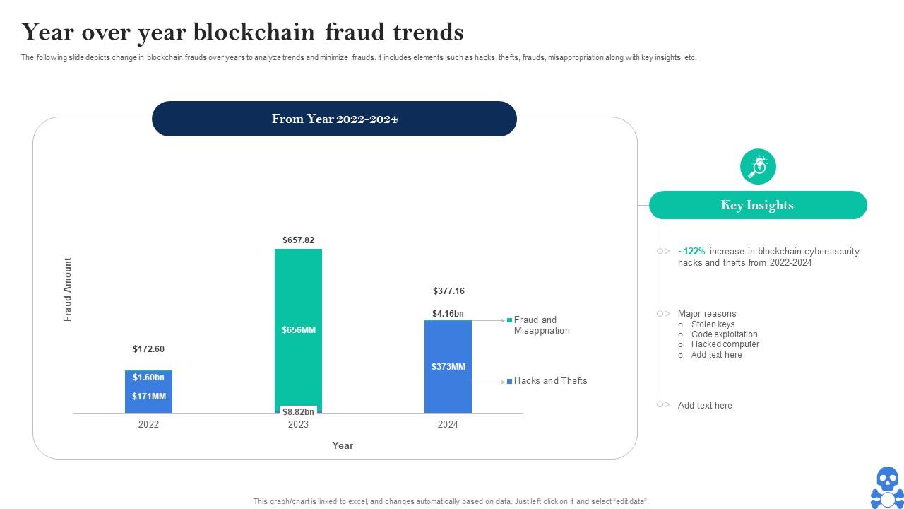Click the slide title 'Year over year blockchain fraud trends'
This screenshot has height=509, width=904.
(x=242, y=33)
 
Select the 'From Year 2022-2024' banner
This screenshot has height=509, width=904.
(x=334, y=119)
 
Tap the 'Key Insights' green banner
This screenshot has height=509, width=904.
(x=757, y=205)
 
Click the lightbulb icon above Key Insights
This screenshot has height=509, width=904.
(x=758, y=167)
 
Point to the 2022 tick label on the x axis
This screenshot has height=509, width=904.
(x=148, y=425)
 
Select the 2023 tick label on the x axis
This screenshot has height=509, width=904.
(x=298, y=425)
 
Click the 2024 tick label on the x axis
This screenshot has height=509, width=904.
(x=448, y=425)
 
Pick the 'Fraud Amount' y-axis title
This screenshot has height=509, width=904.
(x=68, y=290)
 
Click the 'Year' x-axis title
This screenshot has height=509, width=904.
(x=343, y=445)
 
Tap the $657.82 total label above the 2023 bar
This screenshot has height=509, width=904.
(x=298, y=240)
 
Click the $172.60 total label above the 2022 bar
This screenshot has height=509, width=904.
(x=148, y=349)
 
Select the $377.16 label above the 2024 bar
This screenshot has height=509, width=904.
(x=448, y=291)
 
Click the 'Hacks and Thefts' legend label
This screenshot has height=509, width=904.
(x=550, y=381)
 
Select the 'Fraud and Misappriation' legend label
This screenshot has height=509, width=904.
(x=541, y=325)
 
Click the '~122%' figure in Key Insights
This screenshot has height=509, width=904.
(x=691, y=252)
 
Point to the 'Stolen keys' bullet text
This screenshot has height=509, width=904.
(x=713, y=324)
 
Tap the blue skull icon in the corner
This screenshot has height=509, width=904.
(x=886, y=487)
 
